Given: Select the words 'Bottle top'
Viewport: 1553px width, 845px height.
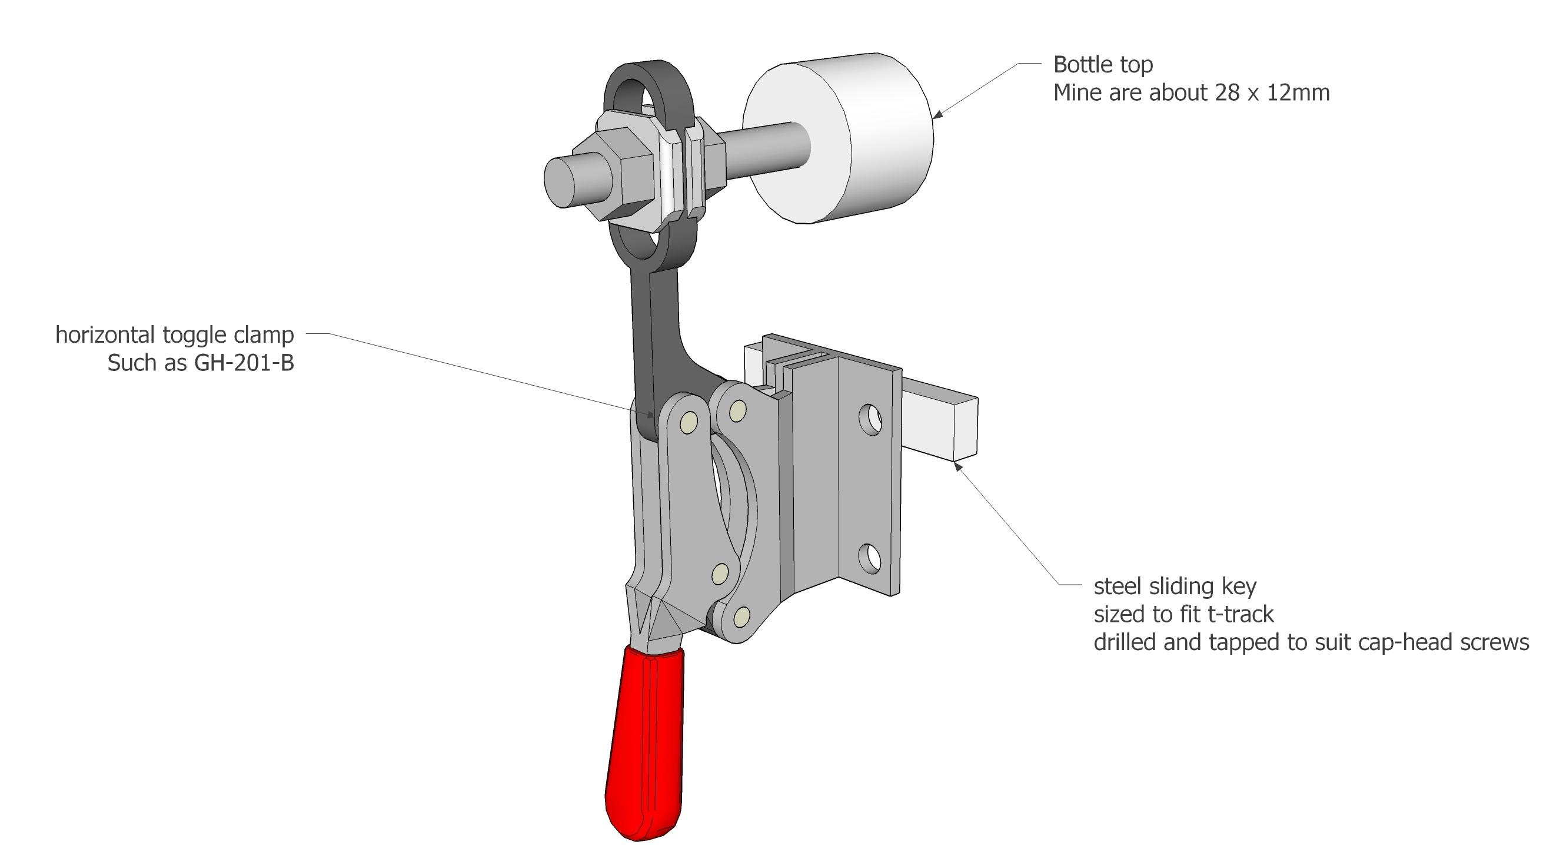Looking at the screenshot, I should pos(1103,65).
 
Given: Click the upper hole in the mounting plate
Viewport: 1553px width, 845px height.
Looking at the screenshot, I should pos(870,419).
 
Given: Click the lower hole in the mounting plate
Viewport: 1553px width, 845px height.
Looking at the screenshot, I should pos(869,558).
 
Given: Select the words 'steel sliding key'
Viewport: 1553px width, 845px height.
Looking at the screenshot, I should pos(1175,586).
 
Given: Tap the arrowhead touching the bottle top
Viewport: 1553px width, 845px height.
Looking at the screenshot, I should pos(937,114).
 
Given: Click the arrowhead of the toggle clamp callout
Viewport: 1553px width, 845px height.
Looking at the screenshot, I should pos(650,415).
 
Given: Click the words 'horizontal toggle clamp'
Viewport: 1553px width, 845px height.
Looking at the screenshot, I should pos(175,334).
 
